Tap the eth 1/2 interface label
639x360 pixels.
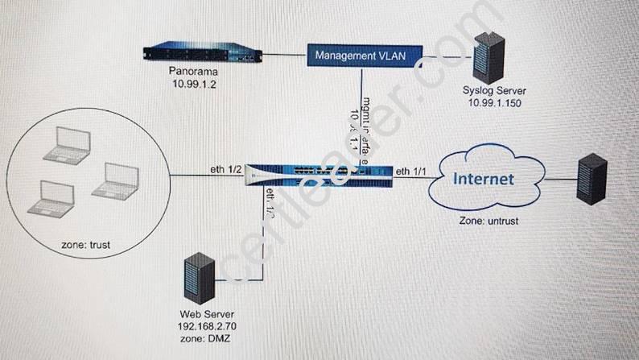tap(220, 169)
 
